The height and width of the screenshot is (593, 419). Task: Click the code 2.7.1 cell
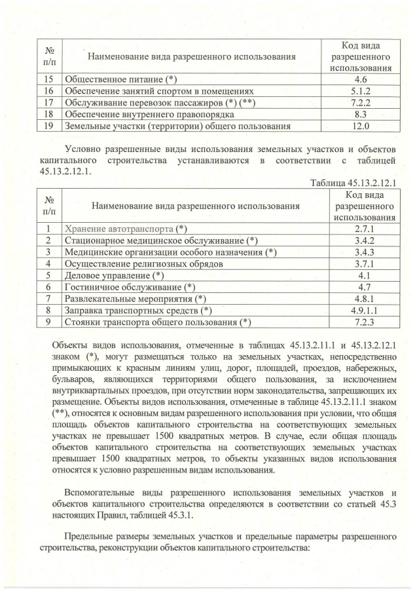point(363,229)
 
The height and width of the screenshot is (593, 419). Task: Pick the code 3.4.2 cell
point(363,240)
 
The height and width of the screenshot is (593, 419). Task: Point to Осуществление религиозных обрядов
point(144,263)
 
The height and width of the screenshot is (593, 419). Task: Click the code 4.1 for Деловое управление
point(363,275)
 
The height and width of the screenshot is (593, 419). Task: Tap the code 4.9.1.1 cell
point(363,310)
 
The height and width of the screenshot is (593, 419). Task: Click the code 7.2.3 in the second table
point(363,322)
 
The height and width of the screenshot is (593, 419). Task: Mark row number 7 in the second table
point(48,298)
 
